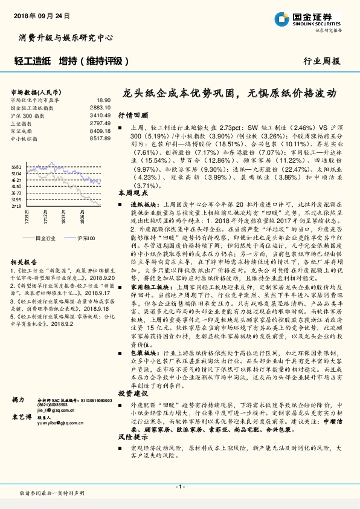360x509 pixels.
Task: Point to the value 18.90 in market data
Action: [x=103, y=100]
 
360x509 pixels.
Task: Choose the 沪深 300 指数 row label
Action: [x=28, y=114]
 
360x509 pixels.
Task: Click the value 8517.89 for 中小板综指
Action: [x=100, y=138]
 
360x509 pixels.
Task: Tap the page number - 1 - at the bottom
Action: [x=179, y=487]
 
